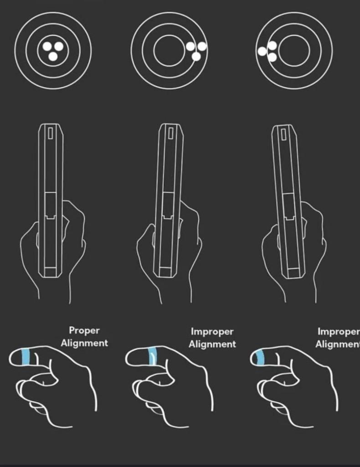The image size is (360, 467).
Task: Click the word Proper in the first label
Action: (x=84, y=331)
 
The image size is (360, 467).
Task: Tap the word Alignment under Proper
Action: (x=84, y=343)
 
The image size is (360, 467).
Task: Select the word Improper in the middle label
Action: (x=212, y=332)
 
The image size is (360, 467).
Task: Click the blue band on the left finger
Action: (x=26, y=357)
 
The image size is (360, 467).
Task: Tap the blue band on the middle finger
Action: (x=153, y=356)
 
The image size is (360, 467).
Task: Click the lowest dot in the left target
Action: (x=53, y=56)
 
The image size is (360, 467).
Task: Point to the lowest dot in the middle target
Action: (x=196, y=57)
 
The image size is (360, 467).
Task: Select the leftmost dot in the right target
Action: (x=262, y=51)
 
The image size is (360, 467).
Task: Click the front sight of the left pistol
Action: (x=51, y=133)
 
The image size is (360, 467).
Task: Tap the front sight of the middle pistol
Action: (x=171, y=133)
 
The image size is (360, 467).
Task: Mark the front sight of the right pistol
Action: (x=283, y=134)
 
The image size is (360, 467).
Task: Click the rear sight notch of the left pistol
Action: (x=51, y=217)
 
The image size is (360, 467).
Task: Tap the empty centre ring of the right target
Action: (x=279, y=51)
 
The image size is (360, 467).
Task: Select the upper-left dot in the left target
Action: (x=47, y=46)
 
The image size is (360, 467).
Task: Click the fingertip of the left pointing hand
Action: (x=10, y=358)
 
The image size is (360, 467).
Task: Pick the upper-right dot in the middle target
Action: (x=202, y=47)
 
